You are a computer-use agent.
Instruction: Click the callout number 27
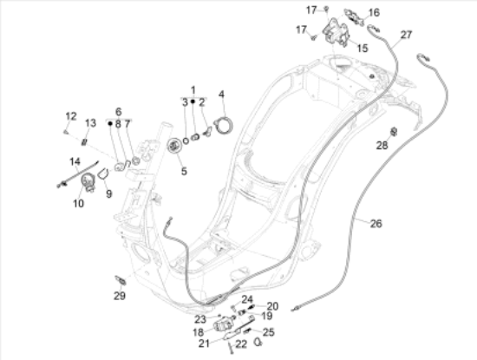click(x=406, y=35)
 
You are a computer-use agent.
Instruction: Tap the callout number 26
click(x=376, y=224)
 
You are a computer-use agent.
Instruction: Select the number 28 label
click(x=382, y=146)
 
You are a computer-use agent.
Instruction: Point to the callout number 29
click(x=120, y=296)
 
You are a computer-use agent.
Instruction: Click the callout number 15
click(x=362, y=48)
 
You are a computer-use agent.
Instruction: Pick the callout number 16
click(x=374, y=12)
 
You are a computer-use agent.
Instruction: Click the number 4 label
click(x=221, y=94)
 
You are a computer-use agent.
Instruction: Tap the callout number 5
click(x=184, y=171)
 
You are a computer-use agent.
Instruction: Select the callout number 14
click(x=75, y=161)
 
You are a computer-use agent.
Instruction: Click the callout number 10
click(x=78, y=203)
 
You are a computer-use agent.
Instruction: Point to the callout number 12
click(x=71, y=116)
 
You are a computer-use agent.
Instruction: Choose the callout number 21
click(x=204, y=344)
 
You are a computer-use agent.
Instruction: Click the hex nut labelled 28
click(x=394, y=132)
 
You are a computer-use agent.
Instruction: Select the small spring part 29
click(x=121, y=280)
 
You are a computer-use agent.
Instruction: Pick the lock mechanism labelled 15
click(x=336, y=32)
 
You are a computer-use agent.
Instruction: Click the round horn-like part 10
click(x=88, y=181)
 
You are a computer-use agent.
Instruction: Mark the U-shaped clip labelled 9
click(x=103, y=173)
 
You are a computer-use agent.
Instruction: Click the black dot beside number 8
click(x=110, y=123)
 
